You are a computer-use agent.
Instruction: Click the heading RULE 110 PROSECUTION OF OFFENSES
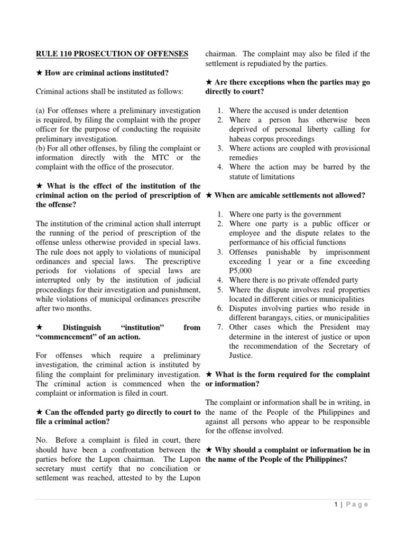[112, 53]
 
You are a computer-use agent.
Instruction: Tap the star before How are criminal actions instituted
[39, 72]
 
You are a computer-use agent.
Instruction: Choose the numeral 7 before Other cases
[220, 328]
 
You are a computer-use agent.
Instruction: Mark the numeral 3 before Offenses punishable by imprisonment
[220, 252]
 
